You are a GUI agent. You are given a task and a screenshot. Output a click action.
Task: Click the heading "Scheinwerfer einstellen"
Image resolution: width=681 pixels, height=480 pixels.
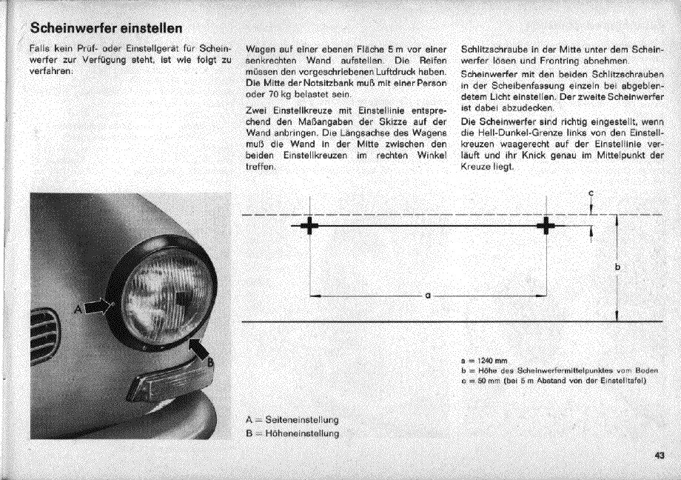click(105, 28)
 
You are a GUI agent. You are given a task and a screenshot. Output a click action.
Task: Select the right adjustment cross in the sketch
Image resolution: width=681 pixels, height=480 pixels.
click(546, 225)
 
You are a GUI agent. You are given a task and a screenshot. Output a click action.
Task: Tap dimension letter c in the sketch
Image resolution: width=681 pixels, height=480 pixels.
click(591, 194)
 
